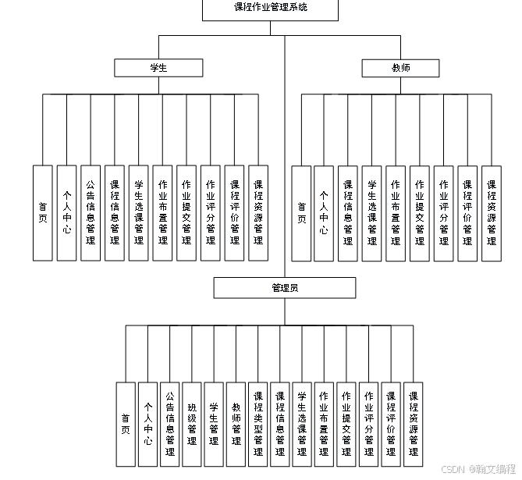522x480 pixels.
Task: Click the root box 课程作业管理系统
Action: (271, 9)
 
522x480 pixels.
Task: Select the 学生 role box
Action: (158, 68)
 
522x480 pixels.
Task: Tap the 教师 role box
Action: (400, 68)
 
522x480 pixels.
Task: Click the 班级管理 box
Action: (192, 425)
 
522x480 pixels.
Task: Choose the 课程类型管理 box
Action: (258, 425)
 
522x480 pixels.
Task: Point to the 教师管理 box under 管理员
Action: (236, 425)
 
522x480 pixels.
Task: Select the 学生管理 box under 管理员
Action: (214, 425)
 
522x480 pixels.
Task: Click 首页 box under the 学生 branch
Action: (43, 213)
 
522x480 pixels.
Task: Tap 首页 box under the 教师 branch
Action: (301, 213)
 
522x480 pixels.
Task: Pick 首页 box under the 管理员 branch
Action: (126, 425)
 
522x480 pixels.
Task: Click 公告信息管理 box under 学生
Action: (91, 213)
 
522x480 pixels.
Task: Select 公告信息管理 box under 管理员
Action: (170, 425)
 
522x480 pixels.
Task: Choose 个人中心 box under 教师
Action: (324, 213)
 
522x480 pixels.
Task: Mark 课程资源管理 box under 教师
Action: (492, 213)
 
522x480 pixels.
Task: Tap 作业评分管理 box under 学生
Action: (210, 213)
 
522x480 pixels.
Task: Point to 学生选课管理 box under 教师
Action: (372, 213)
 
